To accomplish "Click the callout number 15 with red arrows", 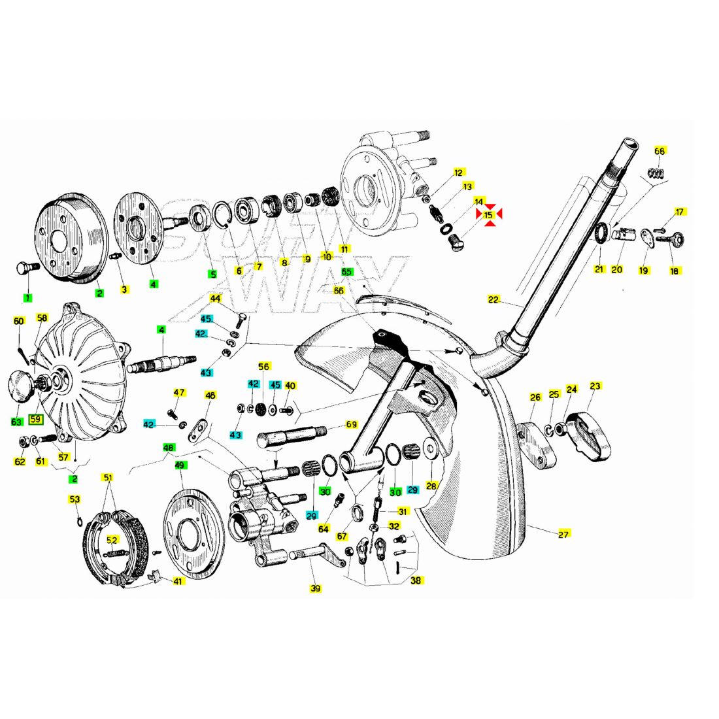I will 488,215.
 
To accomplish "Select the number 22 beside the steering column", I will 493,300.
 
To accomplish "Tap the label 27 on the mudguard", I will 563,534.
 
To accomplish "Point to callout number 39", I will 316,588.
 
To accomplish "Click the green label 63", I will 17,422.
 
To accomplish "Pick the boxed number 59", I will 35,420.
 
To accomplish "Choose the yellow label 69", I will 352,425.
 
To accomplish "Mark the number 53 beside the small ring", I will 75,500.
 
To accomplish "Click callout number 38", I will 416,580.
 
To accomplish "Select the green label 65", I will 346,271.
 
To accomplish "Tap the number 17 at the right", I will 680,212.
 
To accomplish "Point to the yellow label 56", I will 263,367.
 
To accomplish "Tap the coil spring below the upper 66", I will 656,173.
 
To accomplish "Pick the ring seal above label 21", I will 599,234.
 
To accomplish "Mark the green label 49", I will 179,465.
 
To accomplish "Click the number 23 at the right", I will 595,386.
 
